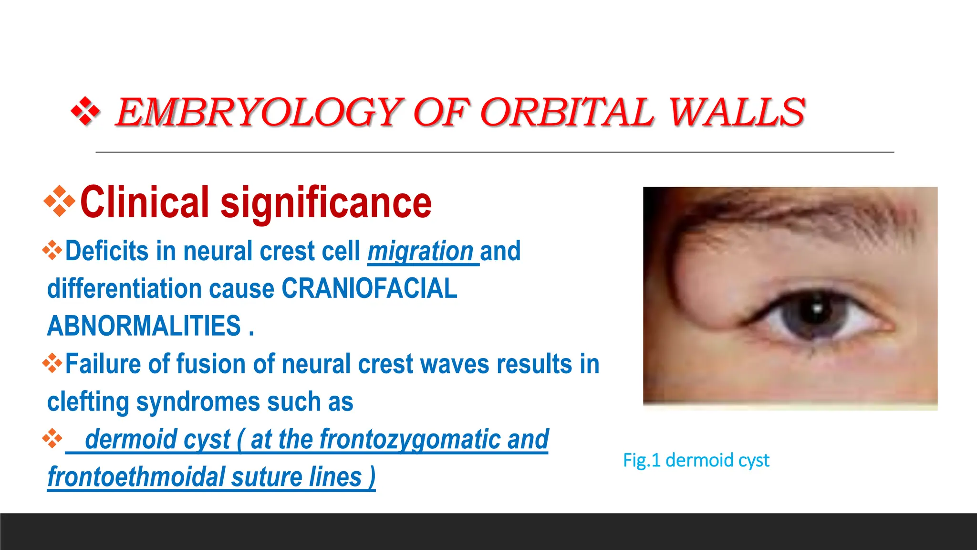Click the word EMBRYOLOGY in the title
click(x=260, y=113)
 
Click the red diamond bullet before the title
click(x=85, y=112)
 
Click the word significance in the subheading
click(x=326, y=202)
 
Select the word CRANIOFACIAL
click(x=369, y=289)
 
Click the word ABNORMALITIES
click(x=144, y=326)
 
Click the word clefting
click(x=88, y=402)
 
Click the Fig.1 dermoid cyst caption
click(x=696, y=460)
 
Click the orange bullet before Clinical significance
click(x=59, y=201)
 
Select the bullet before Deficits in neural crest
click(x=52, y=251)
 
